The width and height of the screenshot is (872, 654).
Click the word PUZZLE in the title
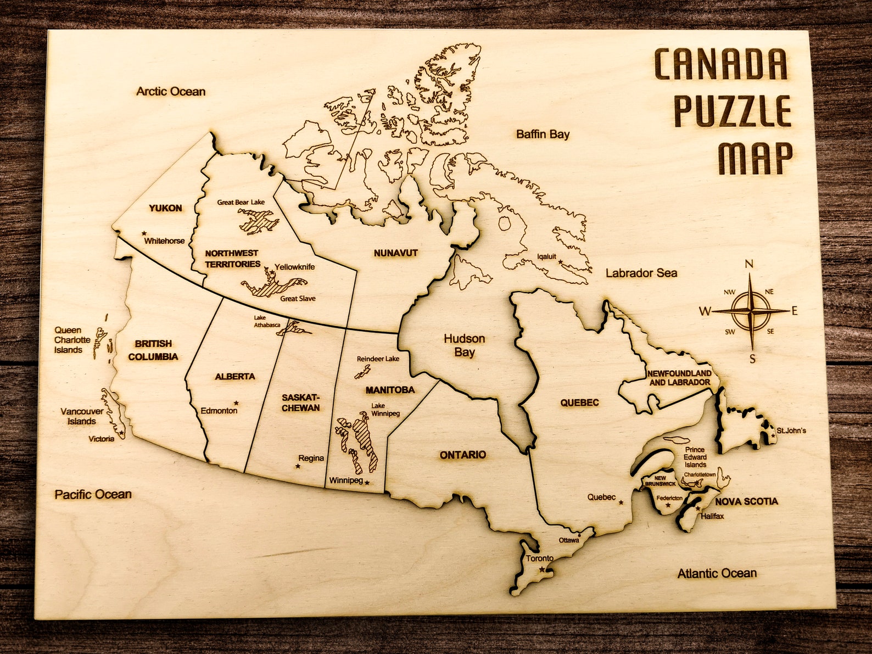(x=733, y=111)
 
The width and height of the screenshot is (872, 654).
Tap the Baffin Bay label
(x=543, y=135)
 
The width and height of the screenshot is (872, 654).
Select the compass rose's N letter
(x=749, y=265)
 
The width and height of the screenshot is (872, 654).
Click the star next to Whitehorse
(x=144, y=233)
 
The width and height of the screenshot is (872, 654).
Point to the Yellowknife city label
(x=295, y=267)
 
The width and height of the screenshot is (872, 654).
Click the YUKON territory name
(x=165, y=208)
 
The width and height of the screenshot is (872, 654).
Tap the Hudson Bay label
(x=465, y=345)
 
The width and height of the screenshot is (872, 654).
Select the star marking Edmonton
(x=236, y=403)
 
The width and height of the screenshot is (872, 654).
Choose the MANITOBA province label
(x=390, y=390)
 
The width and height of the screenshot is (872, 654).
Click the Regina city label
(x=311, y=458)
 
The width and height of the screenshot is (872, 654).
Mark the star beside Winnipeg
(x=367, y=483)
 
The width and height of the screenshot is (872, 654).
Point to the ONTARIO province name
(x=463, y=455)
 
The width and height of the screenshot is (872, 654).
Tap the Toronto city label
(x=539, y=558)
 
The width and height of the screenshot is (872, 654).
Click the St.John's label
(x=791, y=431)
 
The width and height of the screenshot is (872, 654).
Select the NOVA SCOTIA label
(x=746, y=501)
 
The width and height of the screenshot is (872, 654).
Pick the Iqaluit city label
(x=546, y=256)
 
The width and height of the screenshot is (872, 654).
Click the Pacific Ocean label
(x=93, y=495)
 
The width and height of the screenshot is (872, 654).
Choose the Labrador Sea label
(x=641, y=273)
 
